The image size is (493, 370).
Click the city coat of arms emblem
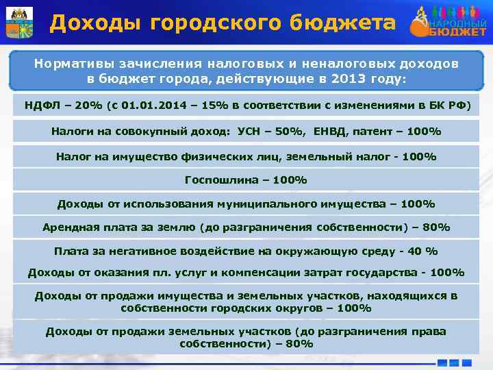pos(19,23)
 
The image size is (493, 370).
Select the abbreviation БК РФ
pos(446,106)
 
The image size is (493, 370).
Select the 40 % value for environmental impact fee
pos(419,250)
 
